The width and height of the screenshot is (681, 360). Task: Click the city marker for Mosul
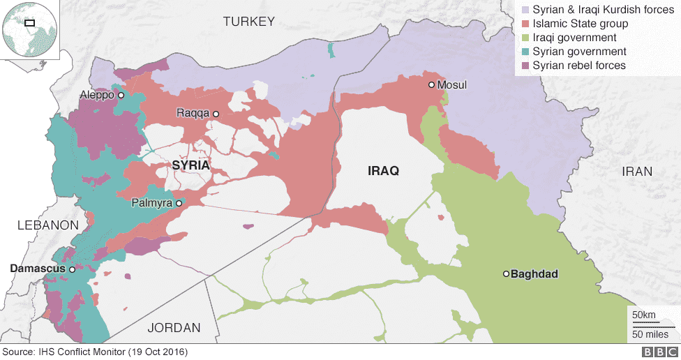[x=432, y=85]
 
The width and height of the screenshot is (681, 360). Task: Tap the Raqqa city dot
[x=216, y=114]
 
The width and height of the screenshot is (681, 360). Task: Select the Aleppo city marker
[x=121, y=95]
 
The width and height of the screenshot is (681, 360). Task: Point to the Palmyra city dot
[x=179, y=203]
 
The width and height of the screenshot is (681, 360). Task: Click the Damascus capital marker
[x=71, y=269]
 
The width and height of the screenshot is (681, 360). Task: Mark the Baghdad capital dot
[x=507, y=274]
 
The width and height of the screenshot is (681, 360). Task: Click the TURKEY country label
[x=248, y=22]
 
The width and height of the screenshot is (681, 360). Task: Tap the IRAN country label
[x=638, y=171]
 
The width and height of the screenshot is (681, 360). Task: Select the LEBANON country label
[x=47, y=225]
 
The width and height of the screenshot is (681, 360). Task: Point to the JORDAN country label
[x=174, y=327]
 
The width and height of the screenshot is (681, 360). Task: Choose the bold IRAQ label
[x=383, y=171]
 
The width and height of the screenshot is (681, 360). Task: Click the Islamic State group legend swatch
[x=524, y=24]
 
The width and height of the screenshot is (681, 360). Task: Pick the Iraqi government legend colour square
[x=524, y=38]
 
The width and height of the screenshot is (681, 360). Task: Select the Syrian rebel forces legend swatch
[x=524, y=66]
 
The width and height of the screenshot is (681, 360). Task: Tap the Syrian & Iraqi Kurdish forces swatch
[x=524, y=10]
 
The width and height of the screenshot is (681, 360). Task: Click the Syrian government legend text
[x=579, y=52]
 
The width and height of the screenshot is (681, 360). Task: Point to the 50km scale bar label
[x=643, y=315]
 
